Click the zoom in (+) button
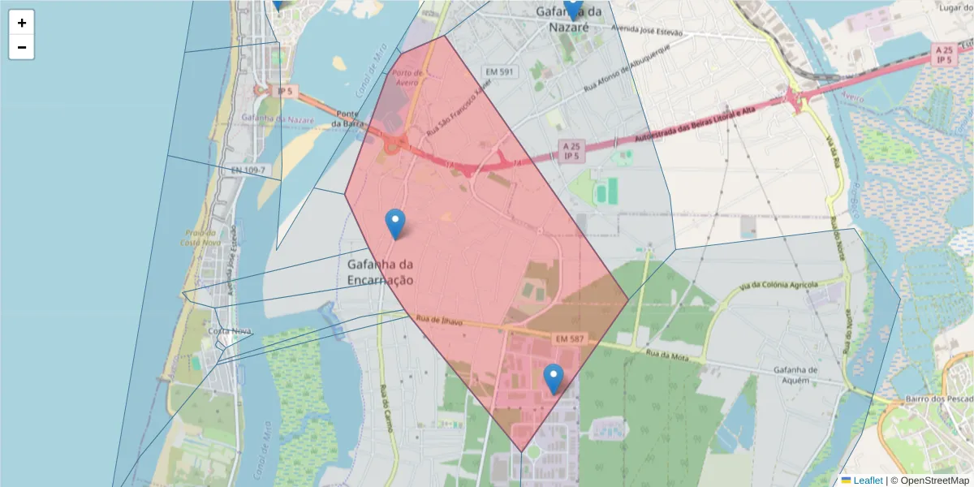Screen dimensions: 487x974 pos(22,23)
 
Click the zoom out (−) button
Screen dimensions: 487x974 pos(22,47)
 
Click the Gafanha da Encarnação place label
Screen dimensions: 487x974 pos(381,272)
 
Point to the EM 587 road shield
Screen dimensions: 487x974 pos(571,337)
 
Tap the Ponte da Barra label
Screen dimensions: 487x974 pos(346,119)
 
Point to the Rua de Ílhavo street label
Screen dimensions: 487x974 pos(438,321)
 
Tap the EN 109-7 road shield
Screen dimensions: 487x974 pos(248,170)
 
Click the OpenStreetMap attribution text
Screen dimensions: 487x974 pos(929,480)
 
